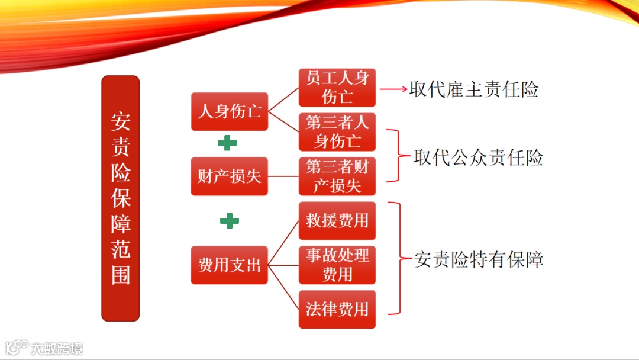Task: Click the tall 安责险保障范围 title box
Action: pyautogui.click(x=120, y=198)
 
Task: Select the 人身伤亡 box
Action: pyautogui.click(x=230, y=111)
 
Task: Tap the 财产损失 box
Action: pyautogui.click(x=230, y=176)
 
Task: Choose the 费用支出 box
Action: pyautogui.click(x=230, y=265)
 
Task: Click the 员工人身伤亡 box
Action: pyautogui.click(x=337, y=88)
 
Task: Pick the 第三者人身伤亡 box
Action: pyautogui.click(x=337, y=132)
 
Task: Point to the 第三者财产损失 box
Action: pyautogui.click(x=337, y=176)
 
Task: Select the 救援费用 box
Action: pyautogui.click(x=337, y=221)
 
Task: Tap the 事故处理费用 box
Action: pyautogui.click(x=337, y=265)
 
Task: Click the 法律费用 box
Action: pyautogui.click(x=337, y=310)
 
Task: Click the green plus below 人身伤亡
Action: pyautogui.click(x=227, y=143)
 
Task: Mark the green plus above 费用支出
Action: pyautogui.click(x=230, y=221)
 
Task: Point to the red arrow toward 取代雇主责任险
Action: pyautogui.click(x=393, y=89)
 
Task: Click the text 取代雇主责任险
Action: pyautogui.click(x=474, y=89)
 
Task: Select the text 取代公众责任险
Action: pyautogui.click(x=479, y=157)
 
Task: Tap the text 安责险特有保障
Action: pyautogui.click(x=479, y=259)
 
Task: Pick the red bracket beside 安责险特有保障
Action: pyautogui.click(x=400, y=258)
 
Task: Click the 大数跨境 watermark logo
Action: pyautogui.click(x=44, y=348)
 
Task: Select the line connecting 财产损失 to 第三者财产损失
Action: pyautogui.click(x=283, y=176)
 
